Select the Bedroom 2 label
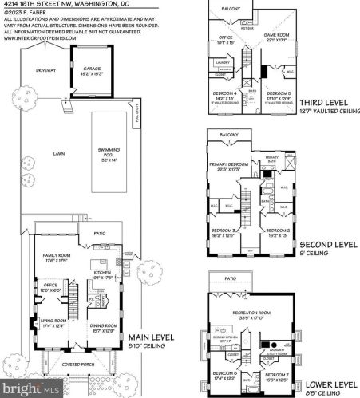point(278,232)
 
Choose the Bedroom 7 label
point(278,376)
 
